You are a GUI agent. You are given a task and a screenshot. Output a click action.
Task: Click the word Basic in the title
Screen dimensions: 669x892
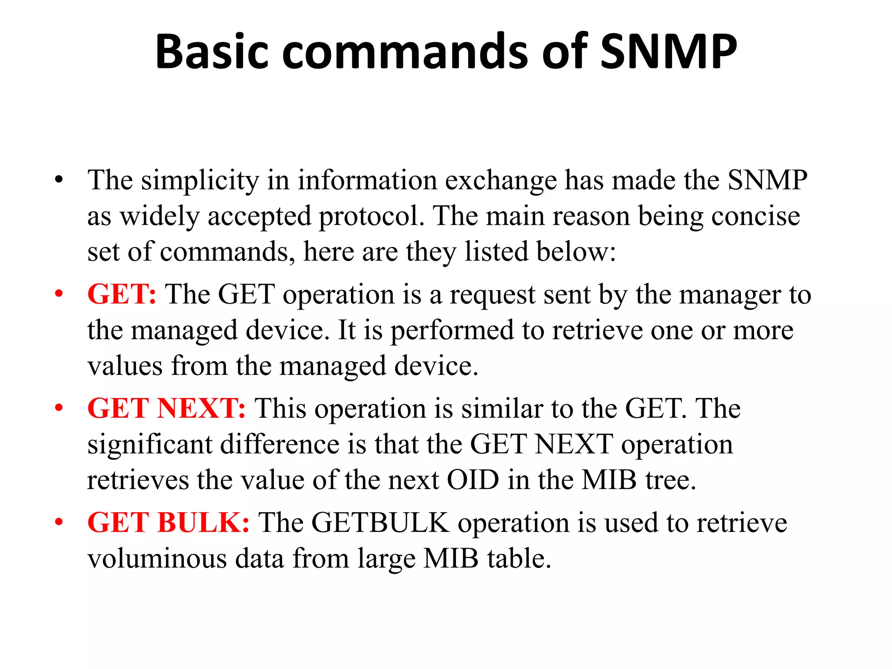(x=212, y=52)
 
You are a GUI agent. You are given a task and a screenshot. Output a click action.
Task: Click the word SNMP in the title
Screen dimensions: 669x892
(x=668, y=52)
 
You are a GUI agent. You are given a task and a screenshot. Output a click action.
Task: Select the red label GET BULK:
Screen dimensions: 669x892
(x=169, y=523)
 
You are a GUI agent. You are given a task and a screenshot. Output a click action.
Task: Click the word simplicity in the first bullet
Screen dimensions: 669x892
(x=200, y=181)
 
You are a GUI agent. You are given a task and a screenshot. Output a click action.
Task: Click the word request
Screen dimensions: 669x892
(x=492, y=295)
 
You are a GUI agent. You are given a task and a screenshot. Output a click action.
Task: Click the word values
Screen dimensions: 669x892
(x=125, y=366)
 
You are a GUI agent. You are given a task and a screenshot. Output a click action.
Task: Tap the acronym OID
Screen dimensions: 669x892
(x=473, y=480)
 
